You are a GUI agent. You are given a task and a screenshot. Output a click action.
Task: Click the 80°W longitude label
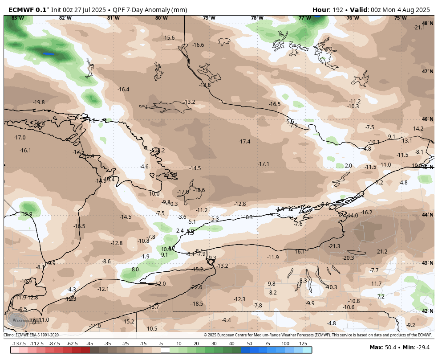161,18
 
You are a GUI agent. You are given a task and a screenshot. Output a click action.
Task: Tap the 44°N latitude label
427,215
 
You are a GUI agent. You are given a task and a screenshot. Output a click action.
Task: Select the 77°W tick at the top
304,18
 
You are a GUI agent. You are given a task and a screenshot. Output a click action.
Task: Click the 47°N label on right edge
427,71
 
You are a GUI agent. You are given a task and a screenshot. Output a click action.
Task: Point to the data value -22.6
196,287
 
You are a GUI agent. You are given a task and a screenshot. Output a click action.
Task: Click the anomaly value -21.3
334,246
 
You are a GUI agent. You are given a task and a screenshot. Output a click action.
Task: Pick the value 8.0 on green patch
135,270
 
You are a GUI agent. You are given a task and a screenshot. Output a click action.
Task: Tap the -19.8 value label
39,102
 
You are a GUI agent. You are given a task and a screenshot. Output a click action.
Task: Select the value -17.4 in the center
244,142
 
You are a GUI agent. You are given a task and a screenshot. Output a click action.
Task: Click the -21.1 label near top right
419,28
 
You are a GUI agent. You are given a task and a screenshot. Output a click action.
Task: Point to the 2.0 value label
348,166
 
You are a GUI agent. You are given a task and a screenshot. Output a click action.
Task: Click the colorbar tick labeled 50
249,344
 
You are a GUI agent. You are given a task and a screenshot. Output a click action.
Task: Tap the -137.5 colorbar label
19,344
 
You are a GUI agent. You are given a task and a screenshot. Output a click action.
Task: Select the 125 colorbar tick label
303,344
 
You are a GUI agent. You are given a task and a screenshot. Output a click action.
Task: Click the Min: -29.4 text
417,348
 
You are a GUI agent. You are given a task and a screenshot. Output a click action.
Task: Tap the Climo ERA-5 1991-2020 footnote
31,335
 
